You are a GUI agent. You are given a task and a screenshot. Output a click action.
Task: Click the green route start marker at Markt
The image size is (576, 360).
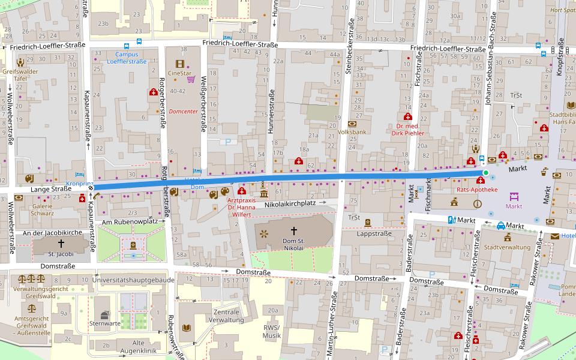485,173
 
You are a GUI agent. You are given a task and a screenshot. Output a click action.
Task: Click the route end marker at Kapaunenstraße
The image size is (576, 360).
91,187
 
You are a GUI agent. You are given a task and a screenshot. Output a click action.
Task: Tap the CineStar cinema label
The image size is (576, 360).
180,73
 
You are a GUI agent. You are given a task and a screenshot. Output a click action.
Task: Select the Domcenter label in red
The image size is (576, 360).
183,112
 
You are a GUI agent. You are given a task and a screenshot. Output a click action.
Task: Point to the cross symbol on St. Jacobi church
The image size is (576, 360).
61,243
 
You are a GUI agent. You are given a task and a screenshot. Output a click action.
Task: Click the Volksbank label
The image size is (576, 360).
352,131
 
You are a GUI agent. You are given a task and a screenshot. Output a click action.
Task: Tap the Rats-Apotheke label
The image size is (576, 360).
477,190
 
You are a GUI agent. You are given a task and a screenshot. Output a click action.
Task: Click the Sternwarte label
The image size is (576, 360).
101,323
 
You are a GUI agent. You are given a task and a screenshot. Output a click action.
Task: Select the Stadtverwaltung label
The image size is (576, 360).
507,247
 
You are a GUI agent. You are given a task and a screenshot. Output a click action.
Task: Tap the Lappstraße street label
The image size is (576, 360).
374,233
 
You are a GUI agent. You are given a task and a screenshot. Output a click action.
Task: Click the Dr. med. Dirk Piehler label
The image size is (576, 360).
410,130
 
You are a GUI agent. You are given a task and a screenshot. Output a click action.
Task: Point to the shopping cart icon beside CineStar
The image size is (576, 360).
191,79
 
